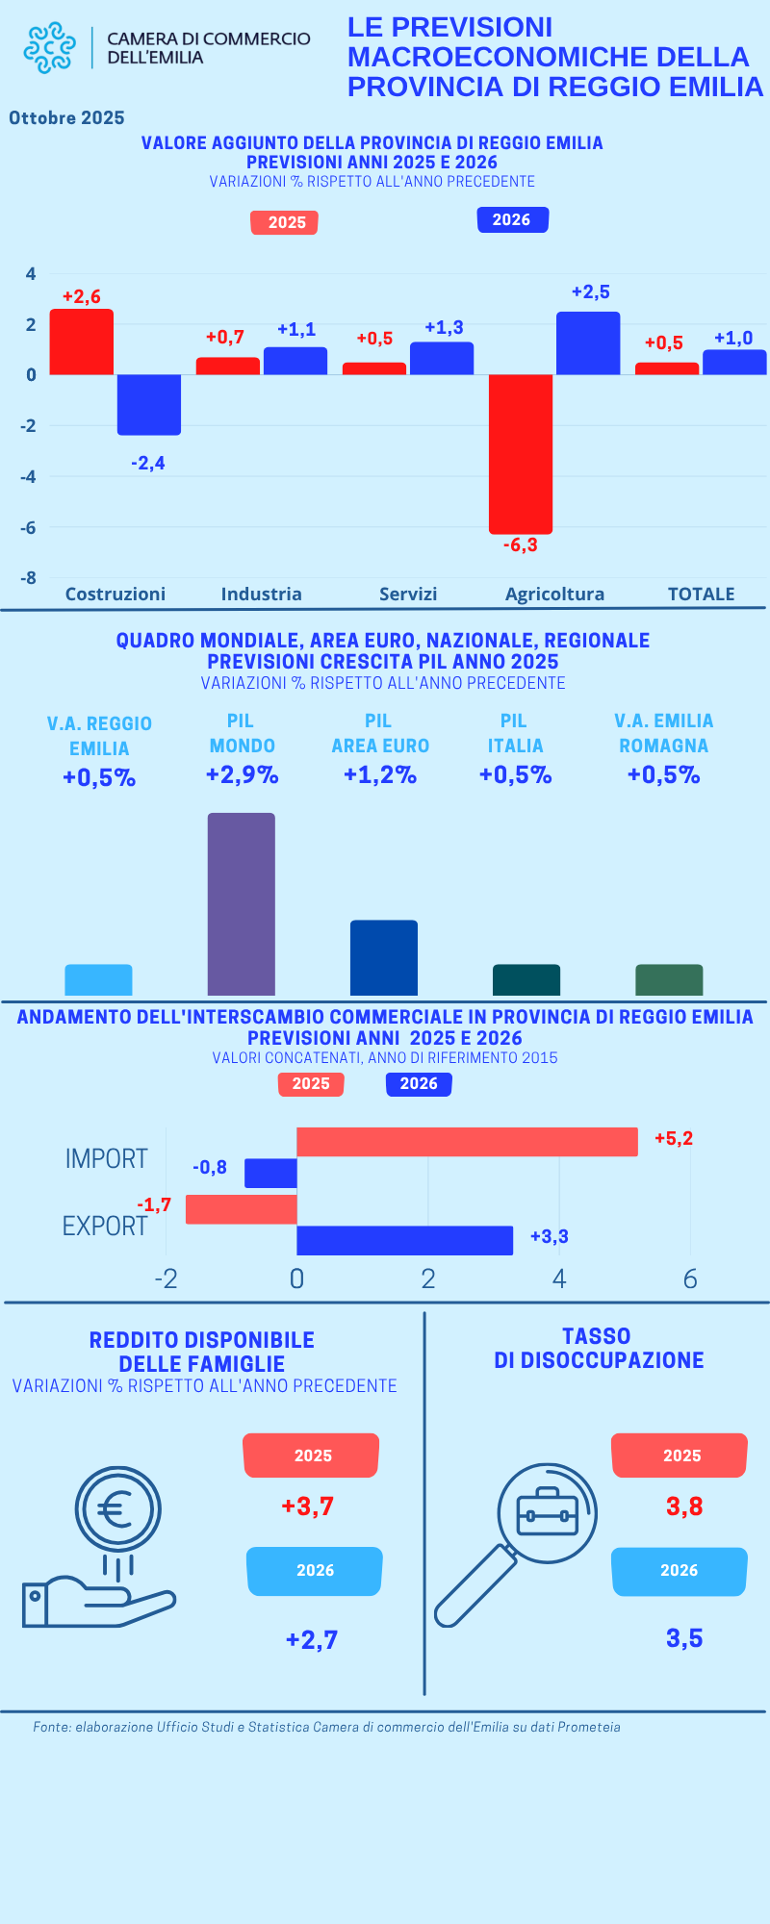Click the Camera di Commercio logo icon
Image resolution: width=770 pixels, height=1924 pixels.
click(49, 48)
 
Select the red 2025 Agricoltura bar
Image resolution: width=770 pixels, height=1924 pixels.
click(521, 453)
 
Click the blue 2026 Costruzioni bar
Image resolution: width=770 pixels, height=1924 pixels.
click(149, 404)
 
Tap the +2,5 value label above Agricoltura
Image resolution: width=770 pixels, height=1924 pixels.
click(590, 292)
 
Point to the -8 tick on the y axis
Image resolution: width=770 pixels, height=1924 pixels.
click(29, 578)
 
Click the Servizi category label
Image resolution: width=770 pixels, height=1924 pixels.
click(408, 595)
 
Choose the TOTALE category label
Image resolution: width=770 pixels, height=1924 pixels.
click(701, 595)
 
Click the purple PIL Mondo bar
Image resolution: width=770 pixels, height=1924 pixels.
click(242, 904)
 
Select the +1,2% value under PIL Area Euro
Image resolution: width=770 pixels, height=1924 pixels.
click(380, 775)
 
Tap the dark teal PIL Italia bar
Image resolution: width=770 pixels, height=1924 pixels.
click(526, 979)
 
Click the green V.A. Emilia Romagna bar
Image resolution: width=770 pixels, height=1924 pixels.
click(669, 979)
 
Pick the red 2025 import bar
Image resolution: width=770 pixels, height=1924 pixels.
click(467, 1142)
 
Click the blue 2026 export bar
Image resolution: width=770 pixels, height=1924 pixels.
click(404, 1240)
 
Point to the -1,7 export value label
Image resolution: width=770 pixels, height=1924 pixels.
click(154, 1205)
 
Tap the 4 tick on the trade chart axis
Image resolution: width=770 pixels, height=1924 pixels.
click(559, 1278)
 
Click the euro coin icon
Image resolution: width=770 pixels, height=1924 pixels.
click(117, 1508)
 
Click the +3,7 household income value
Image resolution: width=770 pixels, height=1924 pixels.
click(308, 1506)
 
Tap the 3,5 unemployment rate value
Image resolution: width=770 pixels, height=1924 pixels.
click(684, 1638)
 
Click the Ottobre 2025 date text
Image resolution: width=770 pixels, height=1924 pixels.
click(67, 118)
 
